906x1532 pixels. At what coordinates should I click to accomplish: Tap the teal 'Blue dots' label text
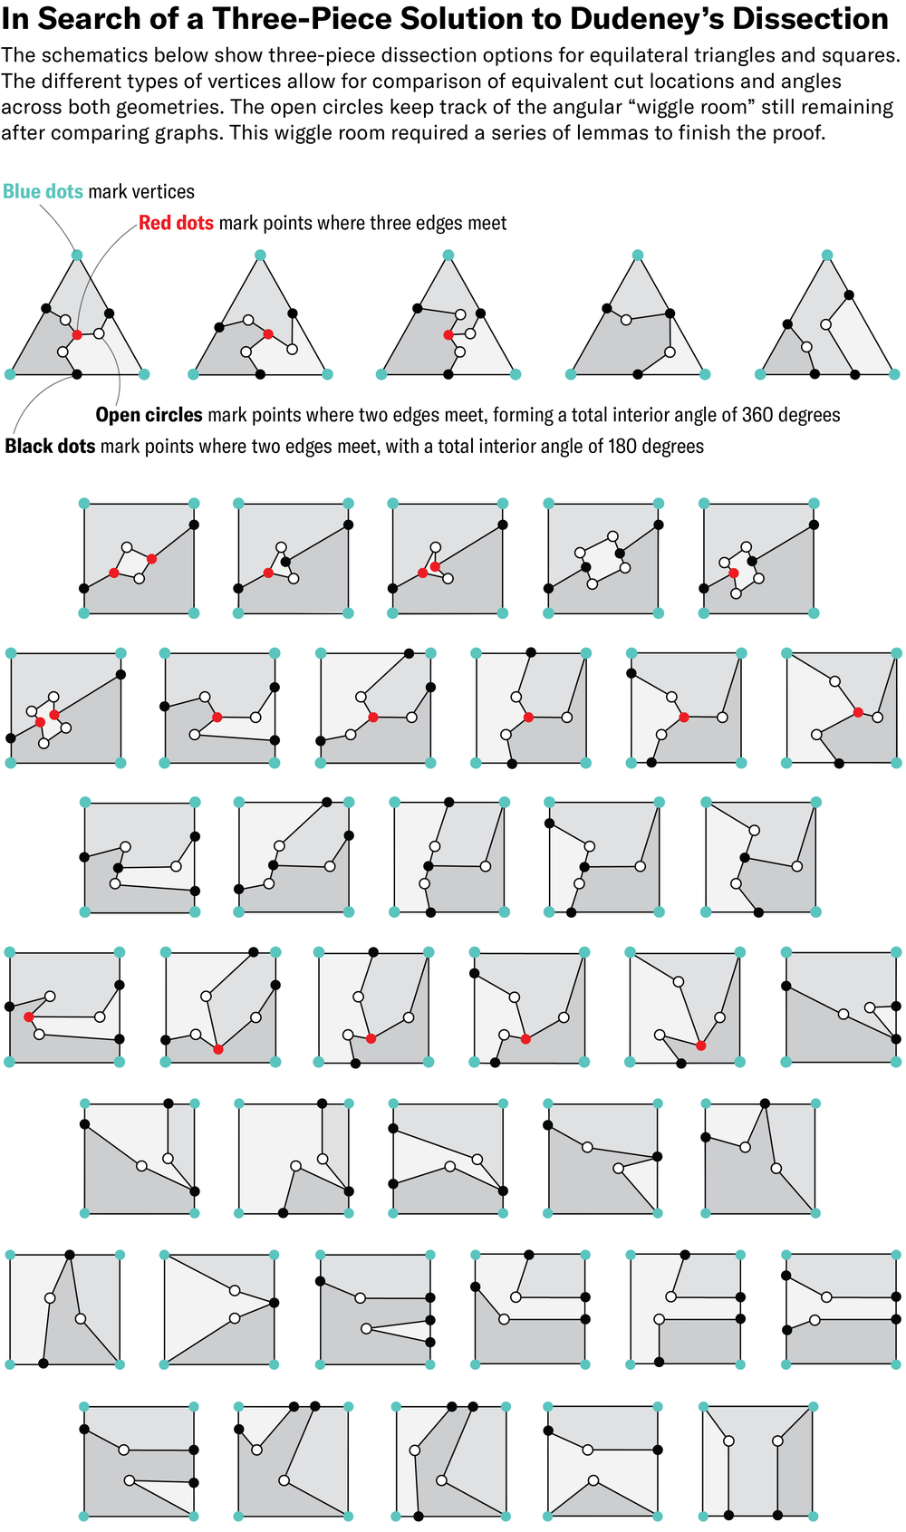tap(43, 192)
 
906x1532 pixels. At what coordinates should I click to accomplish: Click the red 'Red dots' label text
tap(176, 224)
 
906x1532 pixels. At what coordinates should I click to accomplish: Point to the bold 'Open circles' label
tap(149, 416)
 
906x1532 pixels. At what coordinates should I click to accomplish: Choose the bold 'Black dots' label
tap(50, 447)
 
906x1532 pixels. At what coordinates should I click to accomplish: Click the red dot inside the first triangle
tap(77, 335)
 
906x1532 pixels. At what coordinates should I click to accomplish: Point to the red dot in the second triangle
tap(268, 334)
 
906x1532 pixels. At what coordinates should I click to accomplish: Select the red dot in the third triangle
tap(448, 335)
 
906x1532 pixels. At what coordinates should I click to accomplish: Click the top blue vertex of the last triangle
tap(826, 255)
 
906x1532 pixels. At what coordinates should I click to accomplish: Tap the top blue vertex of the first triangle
tap(77, 255)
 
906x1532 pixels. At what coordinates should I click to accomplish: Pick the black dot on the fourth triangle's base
tap(638, 374)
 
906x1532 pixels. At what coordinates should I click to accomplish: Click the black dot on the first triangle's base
tap(77, 374)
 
